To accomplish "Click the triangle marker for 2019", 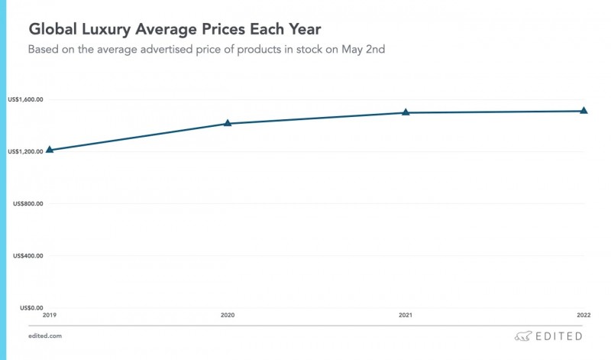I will click(x=50, y=150).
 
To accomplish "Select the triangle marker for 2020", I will click(x=228, y=123).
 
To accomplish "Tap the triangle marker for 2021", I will click(x=406, y=112).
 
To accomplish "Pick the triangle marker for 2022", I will click(x=584, y=111).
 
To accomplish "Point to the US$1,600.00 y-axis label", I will click(x=25, y=99).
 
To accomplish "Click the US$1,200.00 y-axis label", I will click(x=25, y=151).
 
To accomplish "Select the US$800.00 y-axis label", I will click(x=27, y=203).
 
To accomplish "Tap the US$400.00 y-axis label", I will click(x=27, y=255).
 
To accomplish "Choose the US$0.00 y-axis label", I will click(x=31, y=307).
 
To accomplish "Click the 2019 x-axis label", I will click(x=50, y=314).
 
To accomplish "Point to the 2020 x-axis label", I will click(x=228, y=314).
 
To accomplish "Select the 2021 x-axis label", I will click(x=406, y=314).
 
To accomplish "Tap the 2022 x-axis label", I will click(x=582, y=314).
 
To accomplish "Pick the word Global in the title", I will click(x=53, y=30).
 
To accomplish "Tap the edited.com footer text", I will click(x=46, y=336).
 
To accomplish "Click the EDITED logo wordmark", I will click(x=558, y=336).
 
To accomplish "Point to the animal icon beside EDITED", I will click(x=522, y=336).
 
